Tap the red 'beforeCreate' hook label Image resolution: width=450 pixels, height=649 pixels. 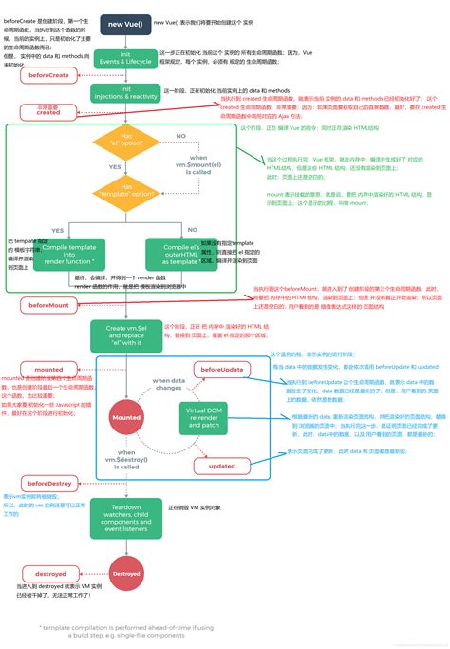(47, 74)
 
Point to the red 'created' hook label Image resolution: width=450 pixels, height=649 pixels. (47, 112)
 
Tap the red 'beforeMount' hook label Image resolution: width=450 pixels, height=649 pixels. (47, 305)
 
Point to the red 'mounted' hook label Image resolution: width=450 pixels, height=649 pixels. (47, 370)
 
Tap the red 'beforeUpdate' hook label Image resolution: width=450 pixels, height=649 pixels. (221, 368)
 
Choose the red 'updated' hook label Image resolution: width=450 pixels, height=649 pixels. (221, 466)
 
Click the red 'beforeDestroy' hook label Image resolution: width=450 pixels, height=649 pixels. (47, 484)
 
